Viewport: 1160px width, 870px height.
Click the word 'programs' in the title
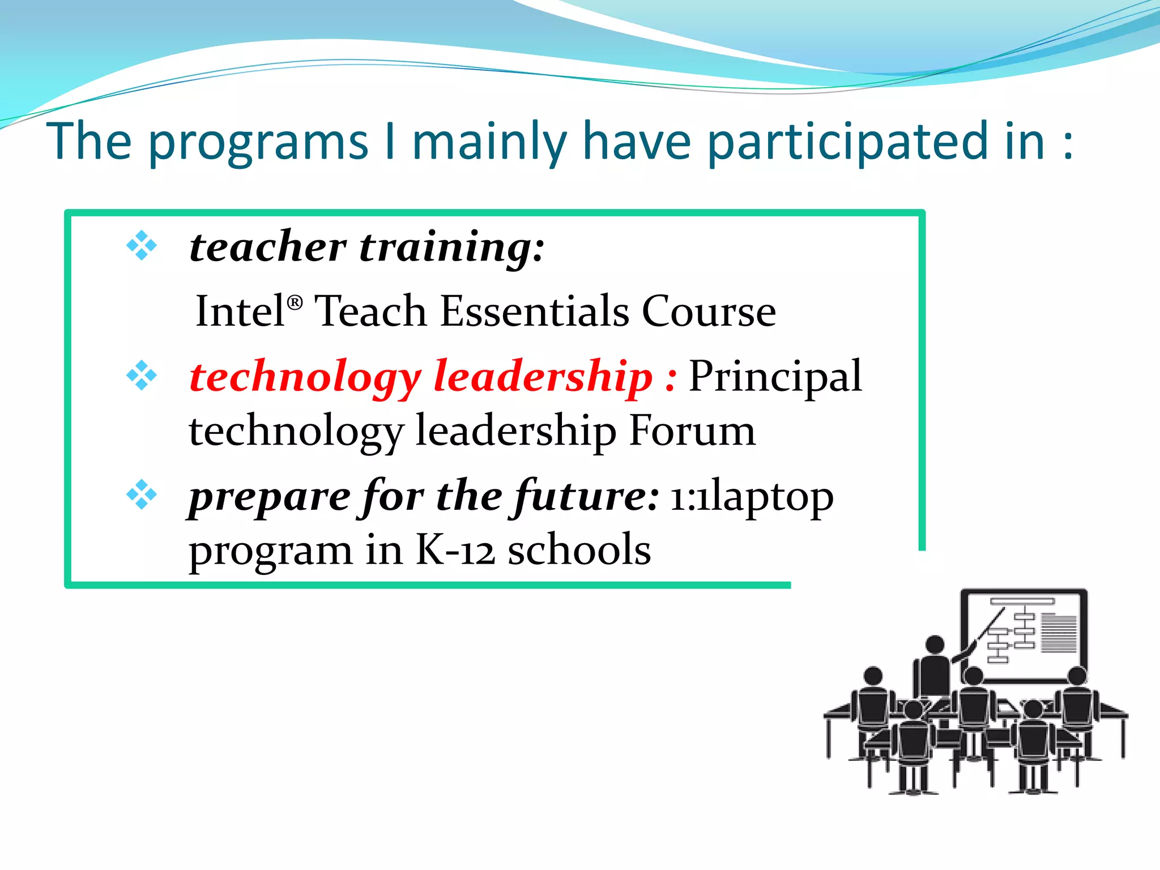tap(258, 143)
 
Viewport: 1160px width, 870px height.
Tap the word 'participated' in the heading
tap(876, 143)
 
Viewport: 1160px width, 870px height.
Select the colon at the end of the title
tap(1068, 143)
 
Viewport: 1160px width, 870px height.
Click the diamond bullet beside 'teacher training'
tap(142, 246)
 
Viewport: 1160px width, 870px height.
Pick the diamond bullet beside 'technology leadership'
tap(142, 376)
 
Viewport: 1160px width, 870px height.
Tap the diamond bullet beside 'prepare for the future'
tap(142, 494)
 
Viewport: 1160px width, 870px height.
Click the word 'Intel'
tap(240, 312)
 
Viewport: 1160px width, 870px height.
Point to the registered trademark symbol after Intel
tap(295, 302)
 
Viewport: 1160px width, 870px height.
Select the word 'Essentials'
tap(534, 312)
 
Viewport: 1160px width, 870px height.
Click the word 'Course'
tap(709, 312)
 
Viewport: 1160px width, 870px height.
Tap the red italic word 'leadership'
tap(543, 377)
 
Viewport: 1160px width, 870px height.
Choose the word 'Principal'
tap(775, 377)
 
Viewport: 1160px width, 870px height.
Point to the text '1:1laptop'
tap(752, 497)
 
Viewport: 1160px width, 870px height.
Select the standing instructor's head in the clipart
tap(935, 645)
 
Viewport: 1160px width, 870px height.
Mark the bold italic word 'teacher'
tap(267, 248)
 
